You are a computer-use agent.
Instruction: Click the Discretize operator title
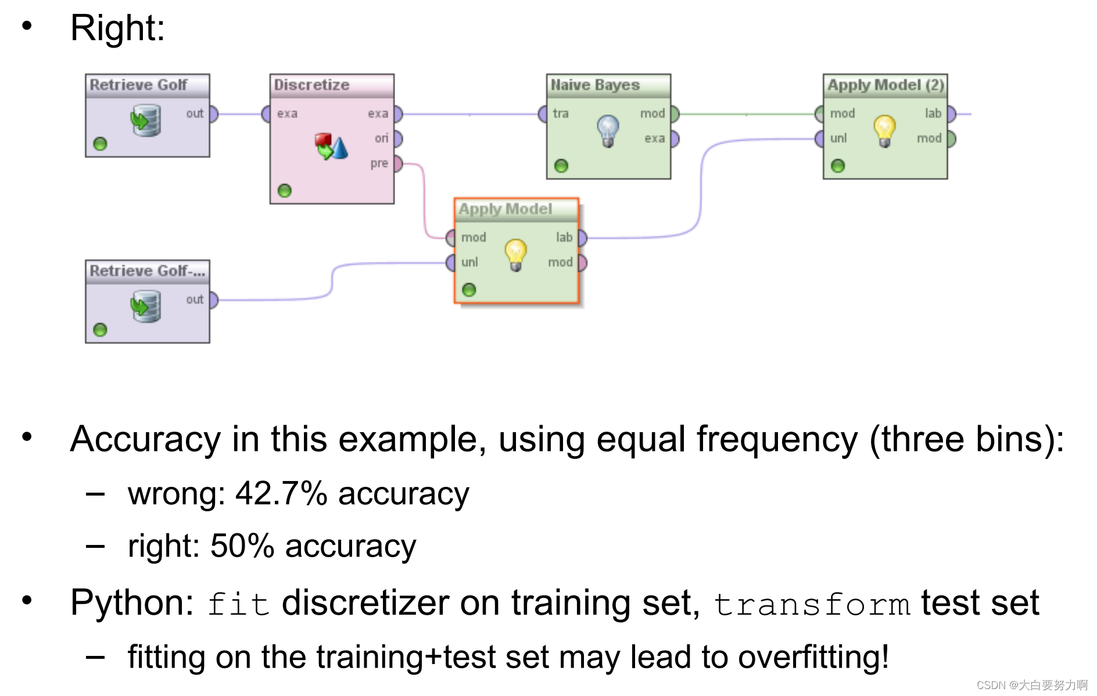pos(311,85)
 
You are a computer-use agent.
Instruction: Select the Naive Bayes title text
pos(595,85)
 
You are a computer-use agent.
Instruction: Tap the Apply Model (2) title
pos(885,85)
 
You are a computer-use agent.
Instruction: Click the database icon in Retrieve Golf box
pos(145,120)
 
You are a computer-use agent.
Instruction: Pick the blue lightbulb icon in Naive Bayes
pos(608,130)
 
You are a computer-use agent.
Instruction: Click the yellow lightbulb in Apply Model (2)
pos(884,130)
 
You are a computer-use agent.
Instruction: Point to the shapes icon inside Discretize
pos(331,146)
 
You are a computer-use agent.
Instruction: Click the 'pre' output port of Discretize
pos(397,164)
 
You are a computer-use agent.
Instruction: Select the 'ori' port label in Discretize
pos(381,138)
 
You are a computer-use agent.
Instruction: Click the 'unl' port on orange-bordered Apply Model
pos(451,263)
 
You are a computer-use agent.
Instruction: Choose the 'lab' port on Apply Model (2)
pos(951,114)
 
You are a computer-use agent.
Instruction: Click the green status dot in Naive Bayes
pos(561,166)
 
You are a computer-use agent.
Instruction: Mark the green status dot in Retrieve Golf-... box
pos(101,330)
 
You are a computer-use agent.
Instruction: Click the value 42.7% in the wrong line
pos(281,494)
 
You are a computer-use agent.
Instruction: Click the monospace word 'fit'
pos(238,604)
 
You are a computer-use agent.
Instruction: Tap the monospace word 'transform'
pos(811,604)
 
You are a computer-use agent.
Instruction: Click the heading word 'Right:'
pos(117,28)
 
